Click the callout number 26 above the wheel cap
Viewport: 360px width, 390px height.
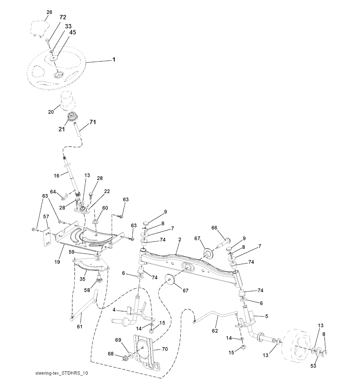[x=49, y=12]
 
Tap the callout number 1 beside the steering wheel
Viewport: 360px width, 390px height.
[x=114, y=60]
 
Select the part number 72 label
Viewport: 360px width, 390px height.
[x=63, y=17]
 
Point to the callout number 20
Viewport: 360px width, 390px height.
[x=51, y=112]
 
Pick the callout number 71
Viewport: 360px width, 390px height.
[x=92, y=122]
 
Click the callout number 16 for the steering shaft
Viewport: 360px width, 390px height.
[x=57, y=176]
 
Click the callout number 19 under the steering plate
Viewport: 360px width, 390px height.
[x=57, y=262]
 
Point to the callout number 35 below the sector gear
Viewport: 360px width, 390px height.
[x=82, y=279]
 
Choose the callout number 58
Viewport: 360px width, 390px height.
[x=87, y=290]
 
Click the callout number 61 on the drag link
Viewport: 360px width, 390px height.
[x=79, y=326]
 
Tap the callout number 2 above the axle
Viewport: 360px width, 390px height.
[x=180, y=240]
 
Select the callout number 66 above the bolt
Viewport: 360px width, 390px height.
[x=214, y=228]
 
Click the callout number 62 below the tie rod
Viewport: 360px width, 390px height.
[x=215, y=331]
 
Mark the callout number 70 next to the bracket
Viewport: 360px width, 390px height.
[x=165, y=349]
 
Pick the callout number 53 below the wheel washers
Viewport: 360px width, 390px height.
[x=313, y=366]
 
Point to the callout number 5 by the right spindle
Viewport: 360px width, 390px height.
[x=267, y=316]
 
